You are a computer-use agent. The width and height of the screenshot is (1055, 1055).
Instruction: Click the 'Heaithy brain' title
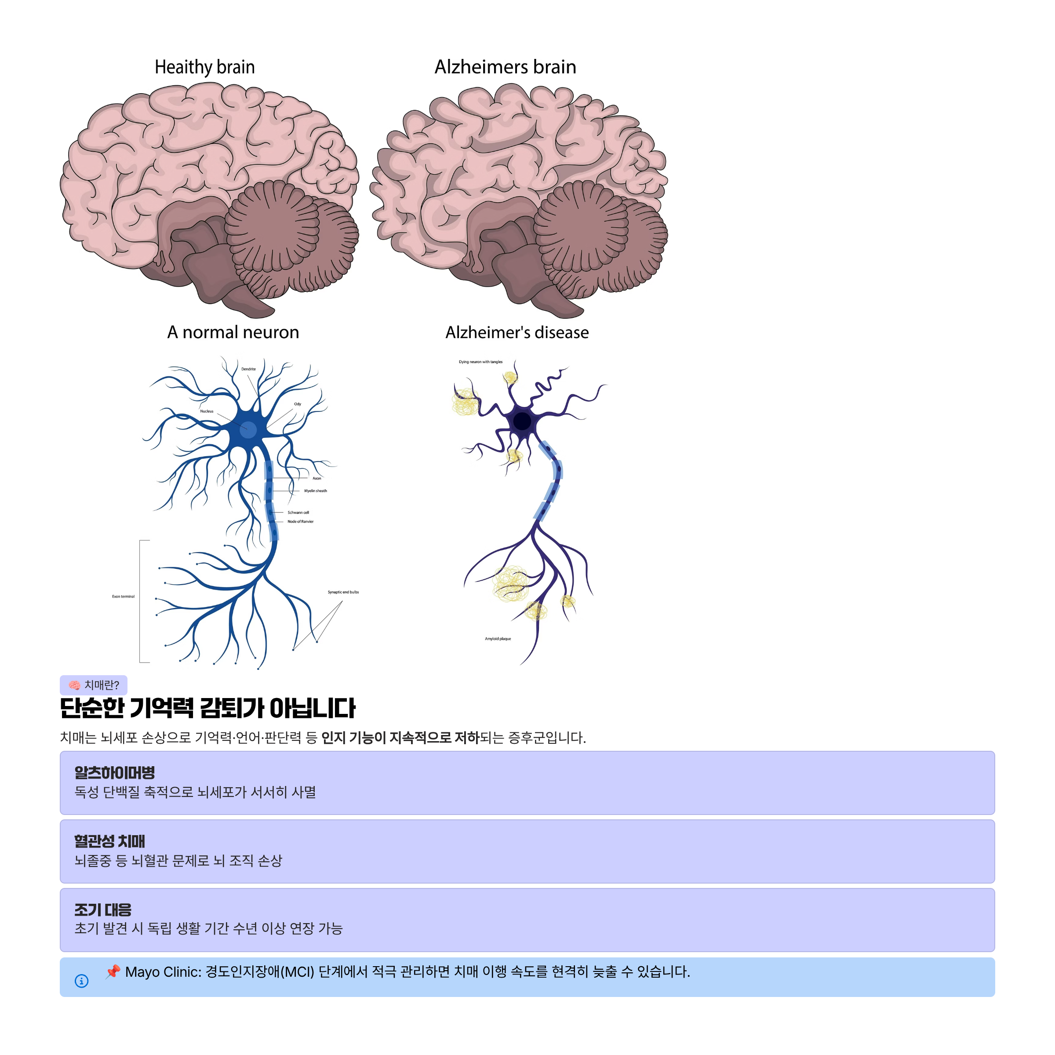[x=205, y=67]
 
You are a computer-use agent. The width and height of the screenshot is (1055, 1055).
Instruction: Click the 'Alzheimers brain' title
[x=505, y=67]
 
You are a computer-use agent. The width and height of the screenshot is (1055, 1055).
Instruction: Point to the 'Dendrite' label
[x=248, y=369]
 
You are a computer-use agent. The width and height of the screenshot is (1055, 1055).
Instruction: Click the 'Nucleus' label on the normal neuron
[x=207, y=411]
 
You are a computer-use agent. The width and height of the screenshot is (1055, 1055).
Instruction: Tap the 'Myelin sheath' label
[x=316, y=491]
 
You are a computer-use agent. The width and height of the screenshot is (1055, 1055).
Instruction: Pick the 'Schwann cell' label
[x=298, y=513]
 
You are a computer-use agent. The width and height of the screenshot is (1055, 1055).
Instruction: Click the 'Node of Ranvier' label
[x=300, y=521]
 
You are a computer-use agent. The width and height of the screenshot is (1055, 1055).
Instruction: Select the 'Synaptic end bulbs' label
[x=343, y=592]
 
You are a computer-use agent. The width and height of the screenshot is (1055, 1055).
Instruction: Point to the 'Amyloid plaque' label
[x=498, y=638]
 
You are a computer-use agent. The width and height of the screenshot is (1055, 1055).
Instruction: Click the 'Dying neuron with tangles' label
[x=480, y=362]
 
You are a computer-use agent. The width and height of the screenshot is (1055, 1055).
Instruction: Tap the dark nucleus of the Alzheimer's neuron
[x=522, y=421]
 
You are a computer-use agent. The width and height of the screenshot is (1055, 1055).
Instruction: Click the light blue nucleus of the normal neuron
[x=248, y=430]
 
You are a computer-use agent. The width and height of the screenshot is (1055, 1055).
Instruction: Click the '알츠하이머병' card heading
[x=115, y=773]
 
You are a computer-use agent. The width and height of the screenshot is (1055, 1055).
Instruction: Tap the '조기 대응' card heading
[x=103, y=910]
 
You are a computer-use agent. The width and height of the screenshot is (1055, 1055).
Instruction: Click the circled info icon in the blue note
[x=81, y=981]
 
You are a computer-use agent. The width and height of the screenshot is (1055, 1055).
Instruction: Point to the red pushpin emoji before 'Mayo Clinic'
[x=113, y=971]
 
